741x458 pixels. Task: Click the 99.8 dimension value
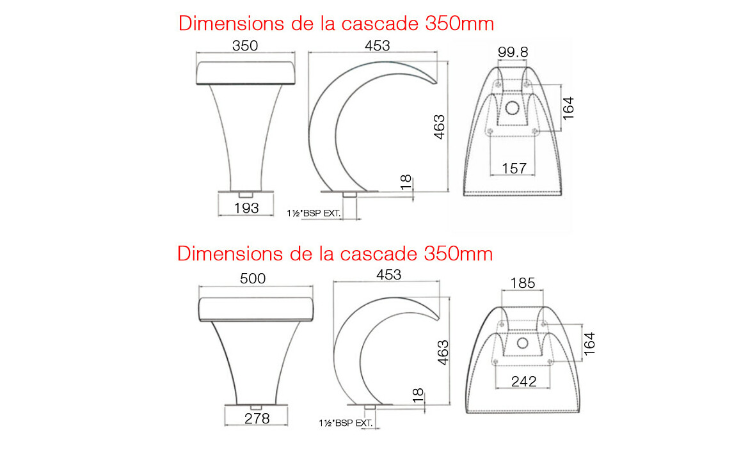click(x=513, y=52)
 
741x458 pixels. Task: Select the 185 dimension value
click(x=523, y=283)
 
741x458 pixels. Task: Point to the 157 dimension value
click(x=514, y=168)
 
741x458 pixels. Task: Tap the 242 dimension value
click(x=523, y=381)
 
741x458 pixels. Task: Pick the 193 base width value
click(x=246, y=208)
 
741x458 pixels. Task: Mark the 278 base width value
click(x=257, y=418)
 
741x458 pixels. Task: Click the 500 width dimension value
click(x=253, y=278)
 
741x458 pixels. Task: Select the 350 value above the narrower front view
click(x=245, y=46)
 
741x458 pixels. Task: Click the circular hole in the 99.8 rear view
click(x=513, y=108)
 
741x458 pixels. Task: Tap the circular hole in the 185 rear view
click(x=522, y=343)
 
